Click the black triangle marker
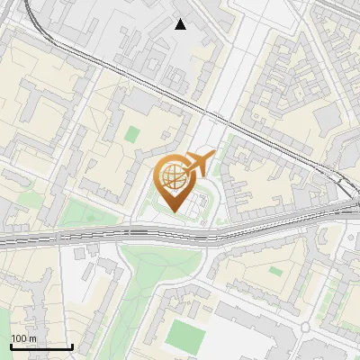[181, 24]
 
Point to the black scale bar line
[41, 346]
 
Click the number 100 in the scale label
[20, 338]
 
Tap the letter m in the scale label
[32, 338]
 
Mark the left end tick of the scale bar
[11, 345]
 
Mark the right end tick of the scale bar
[72, 345]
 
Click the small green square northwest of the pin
[132, 134]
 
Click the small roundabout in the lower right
[305, 326]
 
